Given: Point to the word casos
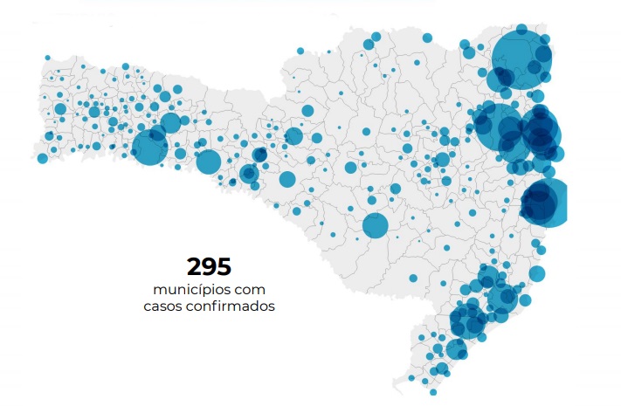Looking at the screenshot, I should (165, 306).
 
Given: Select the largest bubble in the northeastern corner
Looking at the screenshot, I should (521, 58).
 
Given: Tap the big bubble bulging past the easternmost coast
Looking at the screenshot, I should (544, 202).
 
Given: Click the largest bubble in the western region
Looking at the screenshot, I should (149, 147).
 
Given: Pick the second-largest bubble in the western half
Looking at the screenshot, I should (209, 162).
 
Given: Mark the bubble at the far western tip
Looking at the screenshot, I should (42, 158).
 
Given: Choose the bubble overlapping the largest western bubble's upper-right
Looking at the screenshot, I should (170, 123).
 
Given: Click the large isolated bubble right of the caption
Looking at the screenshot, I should (375, 225).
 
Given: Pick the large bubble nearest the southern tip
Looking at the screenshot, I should (456, 349).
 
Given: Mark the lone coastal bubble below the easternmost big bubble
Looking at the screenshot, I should (537, 273).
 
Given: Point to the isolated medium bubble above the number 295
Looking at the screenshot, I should (287, 179).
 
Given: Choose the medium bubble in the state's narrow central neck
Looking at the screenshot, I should (293, 136).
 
